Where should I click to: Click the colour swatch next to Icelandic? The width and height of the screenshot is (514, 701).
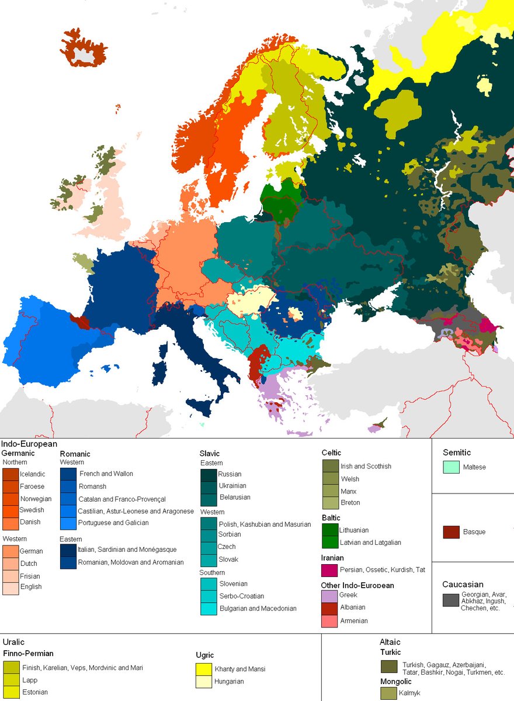(11, 474)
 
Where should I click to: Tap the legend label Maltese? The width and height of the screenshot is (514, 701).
(474, 467)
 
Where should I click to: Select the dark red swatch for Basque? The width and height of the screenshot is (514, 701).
(451, 532)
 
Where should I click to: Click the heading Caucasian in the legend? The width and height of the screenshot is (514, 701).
(463, 584)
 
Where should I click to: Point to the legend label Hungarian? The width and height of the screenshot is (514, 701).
(229, 681)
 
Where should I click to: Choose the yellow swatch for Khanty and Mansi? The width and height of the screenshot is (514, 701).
(204, 669)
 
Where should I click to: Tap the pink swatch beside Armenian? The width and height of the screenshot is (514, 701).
(329, 621)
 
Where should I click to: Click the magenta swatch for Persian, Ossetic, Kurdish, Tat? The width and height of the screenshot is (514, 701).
(329, 570)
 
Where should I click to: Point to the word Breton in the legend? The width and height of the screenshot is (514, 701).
(350, 503)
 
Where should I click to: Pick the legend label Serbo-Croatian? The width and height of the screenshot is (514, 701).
(242, 596)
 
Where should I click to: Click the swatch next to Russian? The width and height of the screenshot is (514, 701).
(209, 474)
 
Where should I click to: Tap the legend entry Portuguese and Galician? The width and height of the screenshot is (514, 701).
(114, 523)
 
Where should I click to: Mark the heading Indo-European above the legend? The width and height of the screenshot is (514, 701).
(29, 444)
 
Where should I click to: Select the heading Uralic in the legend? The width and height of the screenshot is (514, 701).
(13, 641)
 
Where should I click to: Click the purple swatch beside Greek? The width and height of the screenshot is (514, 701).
(329, 596)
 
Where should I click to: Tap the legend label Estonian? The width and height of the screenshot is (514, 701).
(34, 693)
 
